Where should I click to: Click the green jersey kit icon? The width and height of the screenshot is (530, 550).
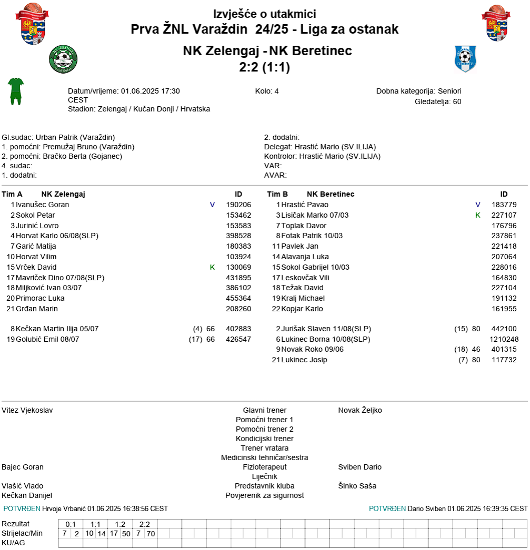[16, 90]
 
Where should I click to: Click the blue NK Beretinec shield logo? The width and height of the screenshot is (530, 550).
[465, 58]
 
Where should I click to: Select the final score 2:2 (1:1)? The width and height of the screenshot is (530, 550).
[264, 67]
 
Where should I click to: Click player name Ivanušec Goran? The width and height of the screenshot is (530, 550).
[43, 205]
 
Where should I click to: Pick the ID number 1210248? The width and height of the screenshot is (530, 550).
[504, 339]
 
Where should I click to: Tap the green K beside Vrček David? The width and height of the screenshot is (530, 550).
[213, 267]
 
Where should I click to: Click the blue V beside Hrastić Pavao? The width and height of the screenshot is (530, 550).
[478, 205]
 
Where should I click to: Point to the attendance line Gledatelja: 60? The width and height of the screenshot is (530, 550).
[438, 101]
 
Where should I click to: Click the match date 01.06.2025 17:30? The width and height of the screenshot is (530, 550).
[151, 91]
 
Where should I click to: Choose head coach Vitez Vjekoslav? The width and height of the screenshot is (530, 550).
[27, 410]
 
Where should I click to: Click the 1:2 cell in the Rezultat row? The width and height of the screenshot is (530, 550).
[120, 524]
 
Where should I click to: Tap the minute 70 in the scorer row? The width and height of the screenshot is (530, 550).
[151, 534]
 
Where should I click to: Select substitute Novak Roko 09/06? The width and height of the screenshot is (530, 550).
[313, 349]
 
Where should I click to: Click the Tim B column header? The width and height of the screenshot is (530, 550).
[277, 194]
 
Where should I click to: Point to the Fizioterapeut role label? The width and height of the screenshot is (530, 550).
[264, 467]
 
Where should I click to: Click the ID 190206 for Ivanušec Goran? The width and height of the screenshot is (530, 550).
[238, 205]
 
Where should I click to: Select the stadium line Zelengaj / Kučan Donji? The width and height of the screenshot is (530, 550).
[139, 109]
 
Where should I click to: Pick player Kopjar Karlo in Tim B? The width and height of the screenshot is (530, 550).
[302, 309]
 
